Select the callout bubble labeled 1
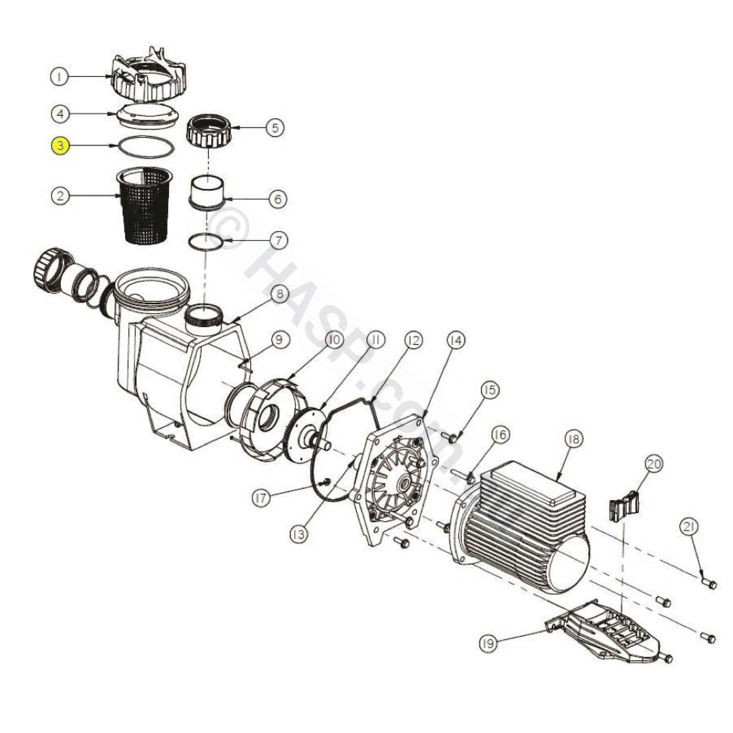[x=59, y=77]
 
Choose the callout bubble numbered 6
[x=278, y=199]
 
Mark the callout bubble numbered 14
[x=456, y=340]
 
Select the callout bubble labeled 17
[x=262, y=498]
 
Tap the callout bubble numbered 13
[x=299, y=534]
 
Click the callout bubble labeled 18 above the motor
[x=574, y=439]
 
